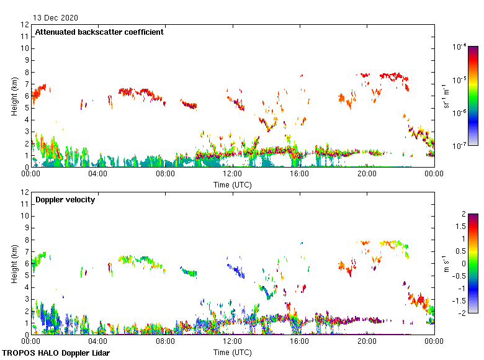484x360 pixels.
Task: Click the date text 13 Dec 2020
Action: [x=56, y=17]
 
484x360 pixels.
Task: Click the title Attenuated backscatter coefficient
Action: [x=99, y=32]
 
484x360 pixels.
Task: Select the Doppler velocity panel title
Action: [x=65, y=199]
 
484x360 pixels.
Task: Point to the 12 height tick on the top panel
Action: [x=25, y=25]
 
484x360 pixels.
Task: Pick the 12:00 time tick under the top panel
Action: [x=232, y=174]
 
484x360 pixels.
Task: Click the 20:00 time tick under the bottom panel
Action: [x=367, y=341]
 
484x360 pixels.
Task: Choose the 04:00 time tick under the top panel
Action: [x=98, y=174]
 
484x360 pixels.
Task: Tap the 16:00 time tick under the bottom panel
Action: [x=300, y=341]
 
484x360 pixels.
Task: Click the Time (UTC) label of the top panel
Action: [x=233, y=184]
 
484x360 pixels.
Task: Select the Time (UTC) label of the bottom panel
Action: [x=233, y=352]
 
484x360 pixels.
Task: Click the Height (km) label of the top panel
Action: [x=14, y=96]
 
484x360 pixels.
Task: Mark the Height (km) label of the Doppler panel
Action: [x=14, y=263]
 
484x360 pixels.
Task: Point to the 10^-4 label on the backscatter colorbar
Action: [x=460, y=47]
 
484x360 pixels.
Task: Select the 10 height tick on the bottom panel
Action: [x=25, y=216]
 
